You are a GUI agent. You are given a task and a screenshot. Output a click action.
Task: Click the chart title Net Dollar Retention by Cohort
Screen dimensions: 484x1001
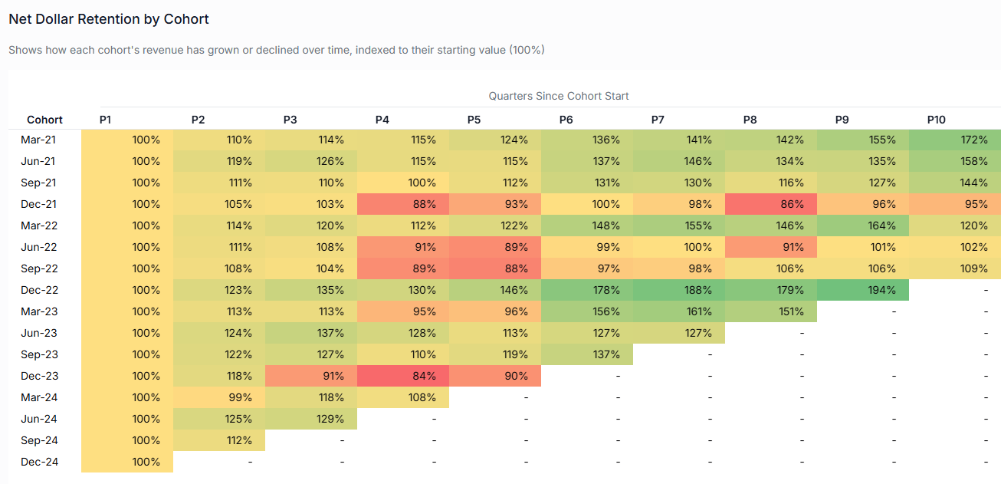pyautogui.click(x=109, y=19)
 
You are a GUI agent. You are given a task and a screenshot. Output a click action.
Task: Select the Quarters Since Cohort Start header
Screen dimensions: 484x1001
pyautogui.click(x=559, y=96)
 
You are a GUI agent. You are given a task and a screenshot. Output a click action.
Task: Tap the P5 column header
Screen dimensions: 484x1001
pyautogui.click(x=474, y=120)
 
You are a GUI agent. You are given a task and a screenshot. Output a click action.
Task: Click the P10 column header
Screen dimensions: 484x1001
pyautogui.click(x=936, y=120)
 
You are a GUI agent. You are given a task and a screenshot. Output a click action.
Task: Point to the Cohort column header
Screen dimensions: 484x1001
pyautogui.click(x=44, y=120)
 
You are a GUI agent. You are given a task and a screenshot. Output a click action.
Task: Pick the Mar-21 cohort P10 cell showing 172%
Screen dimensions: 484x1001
pyautogui.click(x=954, y=140)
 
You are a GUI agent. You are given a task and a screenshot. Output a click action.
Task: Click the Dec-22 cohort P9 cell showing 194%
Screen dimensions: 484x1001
pyautogui.click(x=862, y=291)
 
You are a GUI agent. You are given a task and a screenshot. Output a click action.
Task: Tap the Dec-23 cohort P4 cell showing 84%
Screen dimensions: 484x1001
pyautogui.click(x=402, y=377)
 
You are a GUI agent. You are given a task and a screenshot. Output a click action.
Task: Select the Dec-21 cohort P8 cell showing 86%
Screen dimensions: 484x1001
pyautogui.click(x=770, y=205)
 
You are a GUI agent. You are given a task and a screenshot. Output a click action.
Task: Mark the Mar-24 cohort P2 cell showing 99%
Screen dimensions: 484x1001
pyautogui.click(x=218, y=398)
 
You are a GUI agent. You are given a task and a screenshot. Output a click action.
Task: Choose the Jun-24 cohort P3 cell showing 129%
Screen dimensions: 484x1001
pyautogui.click(x=310, y=420)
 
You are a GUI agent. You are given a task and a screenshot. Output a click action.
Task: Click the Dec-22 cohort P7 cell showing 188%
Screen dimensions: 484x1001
pyautogui.click(x=678, y=291)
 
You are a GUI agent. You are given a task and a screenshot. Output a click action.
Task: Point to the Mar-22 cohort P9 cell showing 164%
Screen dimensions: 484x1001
pyautogui.click(x=862, y=226)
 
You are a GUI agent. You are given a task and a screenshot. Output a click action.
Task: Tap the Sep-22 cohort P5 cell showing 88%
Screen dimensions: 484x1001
pyautogui.click(x=494, y=269)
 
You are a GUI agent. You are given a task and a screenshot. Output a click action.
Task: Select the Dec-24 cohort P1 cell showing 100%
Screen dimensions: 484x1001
pyautogui.click(x=126, y=463)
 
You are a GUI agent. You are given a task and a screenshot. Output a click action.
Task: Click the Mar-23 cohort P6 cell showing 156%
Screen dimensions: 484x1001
pyautogui.click(x=586, y=312)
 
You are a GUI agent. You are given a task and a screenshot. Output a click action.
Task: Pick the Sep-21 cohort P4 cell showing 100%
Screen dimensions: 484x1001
pyautogui.click(x=402, y=183)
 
